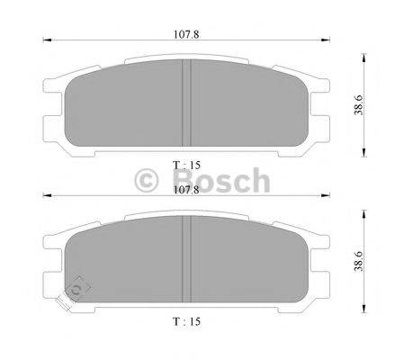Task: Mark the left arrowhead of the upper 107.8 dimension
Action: tap(45, 40)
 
